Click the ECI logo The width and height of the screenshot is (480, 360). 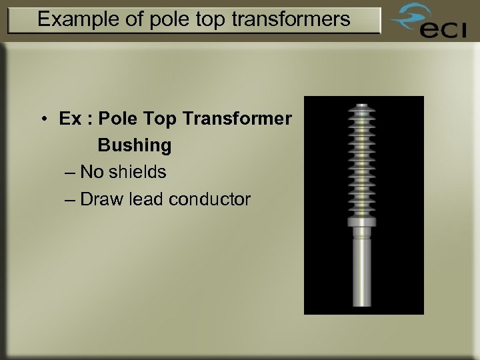(x=426, y=25)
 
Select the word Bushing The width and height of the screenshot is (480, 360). (x=134, y=145)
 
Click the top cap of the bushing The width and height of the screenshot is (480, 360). (x=361, y=107)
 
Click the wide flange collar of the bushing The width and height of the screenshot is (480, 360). (x=361, y=221)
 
